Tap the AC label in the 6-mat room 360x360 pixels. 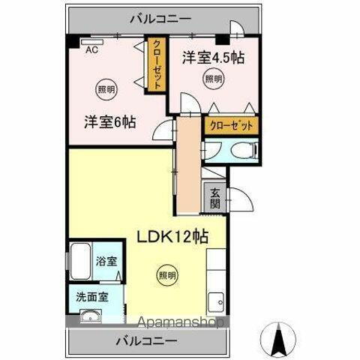tap(91, 50)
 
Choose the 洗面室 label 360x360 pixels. tap(91, 295)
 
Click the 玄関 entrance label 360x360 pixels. tap(215, 196)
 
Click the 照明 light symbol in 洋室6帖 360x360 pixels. tap(106, 90)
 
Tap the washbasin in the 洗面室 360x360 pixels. tap(90, 314)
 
